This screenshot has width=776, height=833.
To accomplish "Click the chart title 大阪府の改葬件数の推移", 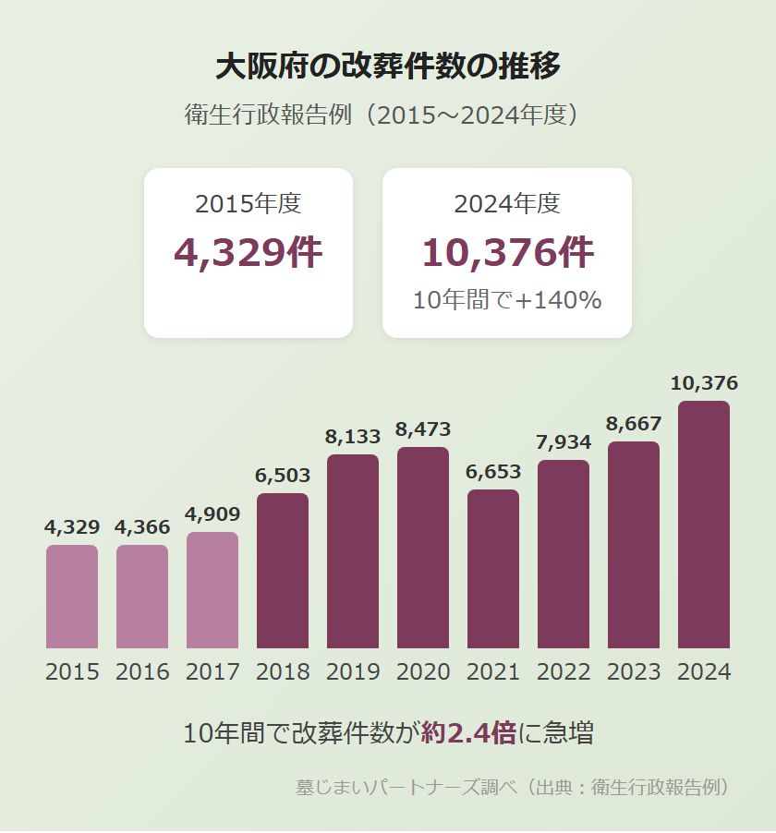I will [388, 66].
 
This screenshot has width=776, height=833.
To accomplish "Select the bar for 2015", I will [72, 597].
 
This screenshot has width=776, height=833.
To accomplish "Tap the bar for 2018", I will [283, 571].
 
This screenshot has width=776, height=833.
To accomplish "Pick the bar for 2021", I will [493, 569].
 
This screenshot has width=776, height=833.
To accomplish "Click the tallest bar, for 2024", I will [704, 525].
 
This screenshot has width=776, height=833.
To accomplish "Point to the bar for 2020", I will [423, 548].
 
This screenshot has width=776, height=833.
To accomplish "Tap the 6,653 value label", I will [493, 472].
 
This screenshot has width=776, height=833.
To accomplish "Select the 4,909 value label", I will [212, 514].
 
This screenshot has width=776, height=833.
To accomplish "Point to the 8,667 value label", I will [634, 424].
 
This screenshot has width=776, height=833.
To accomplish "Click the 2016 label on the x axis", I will [142, 671].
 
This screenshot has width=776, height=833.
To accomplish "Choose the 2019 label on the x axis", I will [353, 671].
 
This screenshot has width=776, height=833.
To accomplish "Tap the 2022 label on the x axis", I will [564, 671].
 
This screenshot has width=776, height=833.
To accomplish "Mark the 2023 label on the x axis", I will [634, 671].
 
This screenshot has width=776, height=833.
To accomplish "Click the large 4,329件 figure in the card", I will [249, 253].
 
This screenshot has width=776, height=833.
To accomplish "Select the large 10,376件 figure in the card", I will [507, 253].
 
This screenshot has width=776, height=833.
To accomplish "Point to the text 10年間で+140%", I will [507, 300].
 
